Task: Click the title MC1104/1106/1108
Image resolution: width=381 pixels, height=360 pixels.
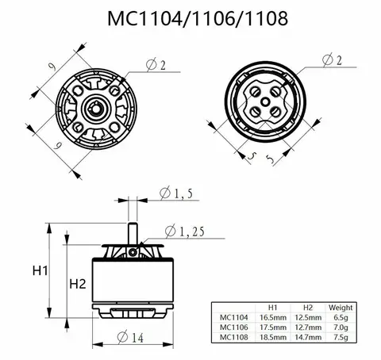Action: (190, 17)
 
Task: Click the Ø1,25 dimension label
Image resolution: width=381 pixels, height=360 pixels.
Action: (185, 231)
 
